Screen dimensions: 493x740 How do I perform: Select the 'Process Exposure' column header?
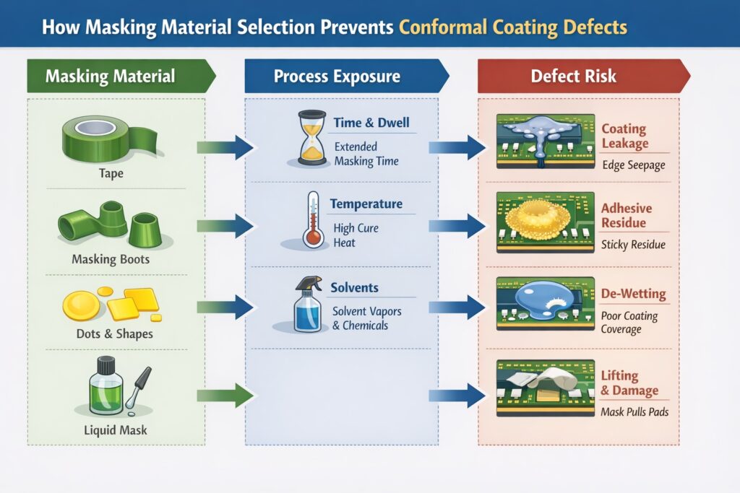click(x=336, y=76)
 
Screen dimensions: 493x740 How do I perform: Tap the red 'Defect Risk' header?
click(x=573, y=76)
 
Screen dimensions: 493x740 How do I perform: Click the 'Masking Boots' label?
click(x=111, y=258)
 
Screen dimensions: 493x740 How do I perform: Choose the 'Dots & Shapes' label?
click(x=114, y=334)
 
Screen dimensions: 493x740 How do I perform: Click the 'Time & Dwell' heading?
click(x=371, y=123)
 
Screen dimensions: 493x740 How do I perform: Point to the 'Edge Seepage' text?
click(x=633, y=165)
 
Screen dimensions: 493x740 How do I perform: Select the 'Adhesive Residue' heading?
click(x=627, y=216)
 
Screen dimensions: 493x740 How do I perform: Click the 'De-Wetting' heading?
click(x=634, y=295)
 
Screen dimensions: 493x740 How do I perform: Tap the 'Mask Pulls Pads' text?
click(x=634, y=412)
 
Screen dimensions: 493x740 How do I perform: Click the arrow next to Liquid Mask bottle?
click(x=225, y=395)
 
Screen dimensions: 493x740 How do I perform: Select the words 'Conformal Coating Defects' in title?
click(x=512, y=27)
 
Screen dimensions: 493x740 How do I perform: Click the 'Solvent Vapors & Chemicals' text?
click(x=366, y=318)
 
